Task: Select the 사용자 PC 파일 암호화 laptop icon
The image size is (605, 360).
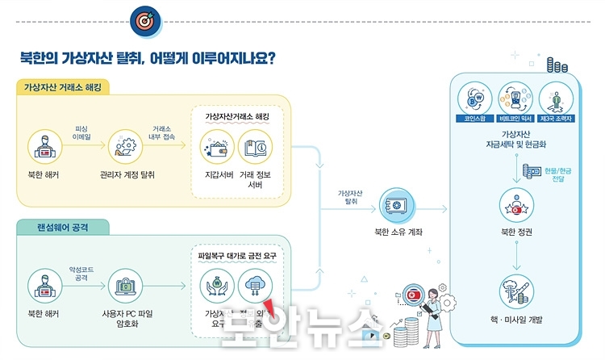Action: click(127, 287)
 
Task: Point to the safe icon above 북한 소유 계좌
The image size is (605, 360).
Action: click(392, 207)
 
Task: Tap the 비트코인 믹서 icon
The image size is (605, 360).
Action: click(514, 97)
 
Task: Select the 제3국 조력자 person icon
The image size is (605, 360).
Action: click(556, 98)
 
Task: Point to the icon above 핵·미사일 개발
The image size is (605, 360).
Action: click(515, 288)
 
